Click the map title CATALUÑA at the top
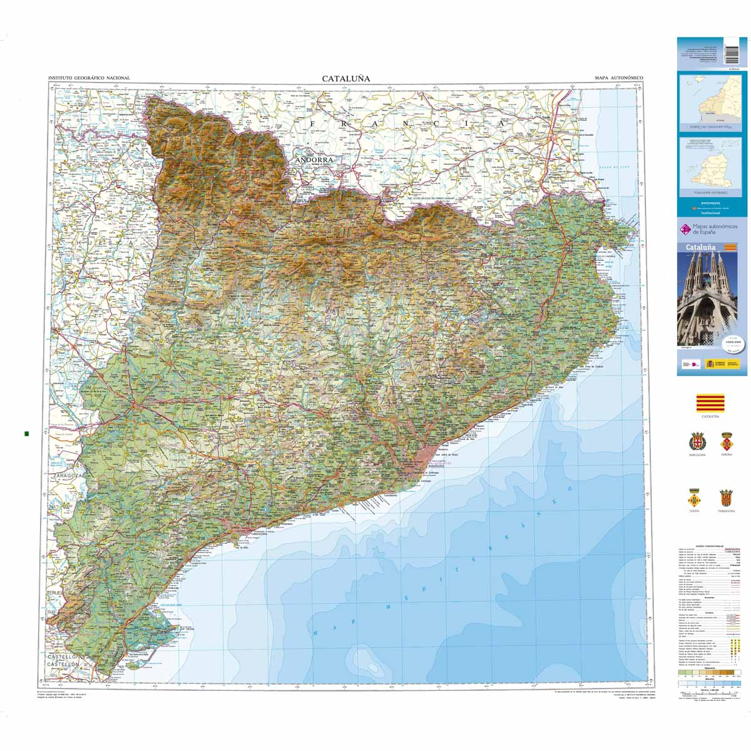point(346,78)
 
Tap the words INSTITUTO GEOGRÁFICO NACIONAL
point(89,78)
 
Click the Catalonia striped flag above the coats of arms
point(710,402)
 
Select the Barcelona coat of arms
point(697,441)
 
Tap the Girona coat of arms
point(727,439)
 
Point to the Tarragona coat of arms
point(726,498)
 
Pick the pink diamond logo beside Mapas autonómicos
point(685,229)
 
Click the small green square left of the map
point(26,433)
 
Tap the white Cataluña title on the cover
point(700,247)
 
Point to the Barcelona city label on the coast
point(436,466)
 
